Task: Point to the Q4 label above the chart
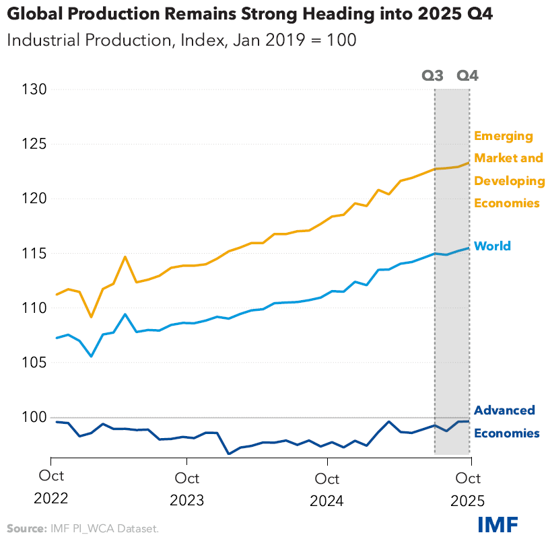[468, 75]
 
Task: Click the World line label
[492, 246]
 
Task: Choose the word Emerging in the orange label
[504, 136]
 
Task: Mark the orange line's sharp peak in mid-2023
[125, 256]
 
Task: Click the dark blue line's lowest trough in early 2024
[230, 454]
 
